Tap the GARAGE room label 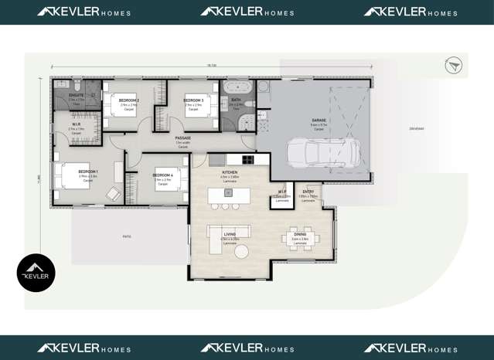(319, 121)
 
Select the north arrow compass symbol (454, 65)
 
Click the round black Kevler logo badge (36, 273)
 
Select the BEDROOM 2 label (128, 100)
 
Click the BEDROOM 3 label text (193, 100)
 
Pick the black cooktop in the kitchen (247, 160)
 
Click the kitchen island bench (228, 195)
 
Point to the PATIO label (126, 236)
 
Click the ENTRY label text (308, 191)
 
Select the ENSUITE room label (76, 95)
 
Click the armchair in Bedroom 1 (114, 194)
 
